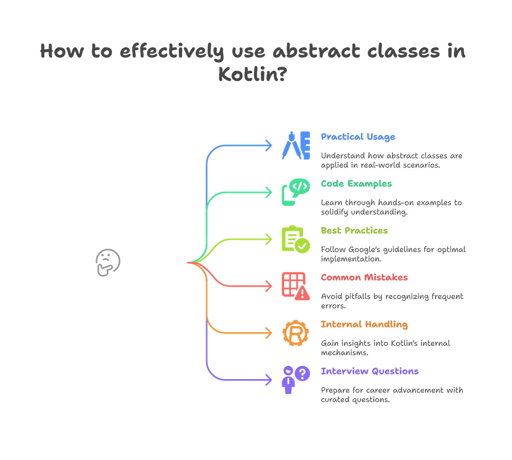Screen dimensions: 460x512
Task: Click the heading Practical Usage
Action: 358,137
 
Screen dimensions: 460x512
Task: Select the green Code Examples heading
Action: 356,184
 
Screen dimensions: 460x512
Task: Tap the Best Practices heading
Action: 354,230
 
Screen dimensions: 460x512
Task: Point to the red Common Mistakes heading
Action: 364,277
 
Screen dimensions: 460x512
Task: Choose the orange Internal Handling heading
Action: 364,324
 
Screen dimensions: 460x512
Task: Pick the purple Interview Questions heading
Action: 369,371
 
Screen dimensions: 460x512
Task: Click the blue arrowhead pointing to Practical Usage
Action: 269,145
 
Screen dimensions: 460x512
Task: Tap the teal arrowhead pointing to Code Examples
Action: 269,192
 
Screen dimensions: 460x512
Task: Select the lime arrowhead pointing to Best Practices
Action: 269,239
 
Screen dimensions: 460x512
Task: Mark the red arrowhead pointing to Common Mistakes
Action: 269,286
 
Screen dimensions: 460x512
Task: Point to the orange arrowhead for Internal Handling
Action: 269,333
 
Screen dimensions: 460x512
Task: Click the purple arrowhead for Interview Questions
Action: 269,379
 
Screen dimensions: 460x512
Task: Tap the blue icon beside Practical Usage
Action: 296,145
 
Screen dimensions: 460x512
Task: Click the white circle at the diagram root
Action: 108,262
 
